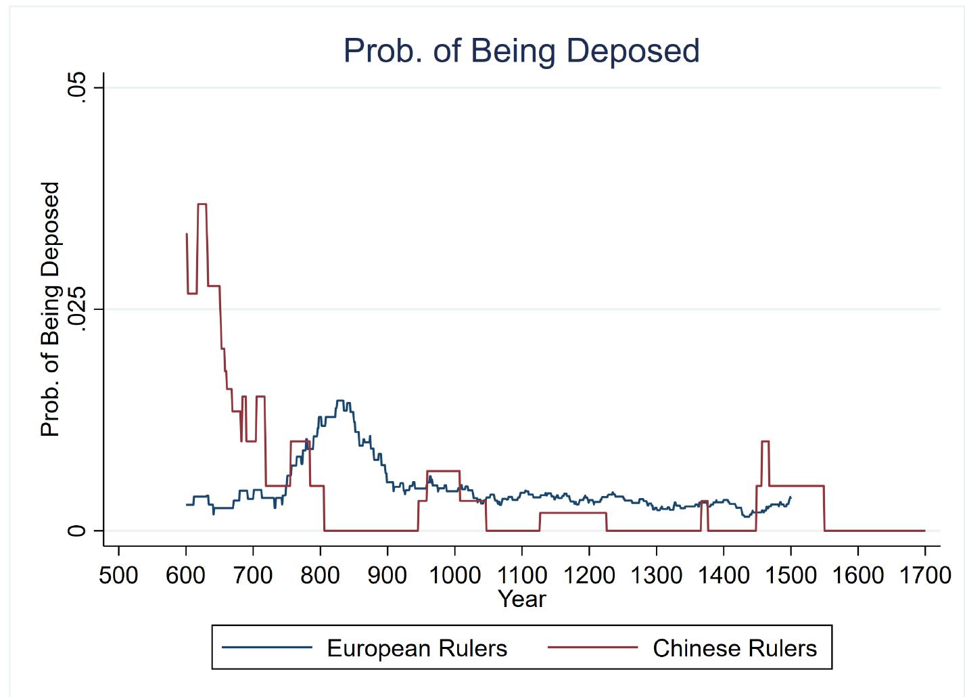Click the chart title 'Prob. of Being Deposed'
point(521,51)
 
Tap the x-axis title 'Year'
point(522,599)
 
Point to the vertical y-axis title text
point(51,309)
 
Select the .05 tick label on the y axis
point(76,87)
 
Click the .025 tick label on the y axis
point(76,309)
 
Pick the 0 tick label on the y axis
point(76,530)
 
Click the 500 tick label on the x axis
point(118,575)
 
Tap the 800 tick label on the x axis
point(320,575)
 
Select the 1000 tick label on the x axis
point(455,575)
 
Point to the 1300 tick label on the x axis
point(657,575)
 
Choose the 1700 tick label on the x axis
point(925,575)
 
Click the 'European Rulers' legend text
point(417,648)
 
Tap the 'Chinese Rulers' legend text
point(735,648)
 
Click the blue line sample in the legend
point(267,648)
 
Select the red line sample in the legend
point(593,648)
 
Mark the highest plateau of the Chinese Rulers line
point(202,204)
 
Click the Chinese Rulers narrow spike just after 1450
point(765,441)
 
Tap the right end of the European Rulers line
point(791,497)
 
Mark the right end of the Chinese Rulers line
point(925,531)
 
